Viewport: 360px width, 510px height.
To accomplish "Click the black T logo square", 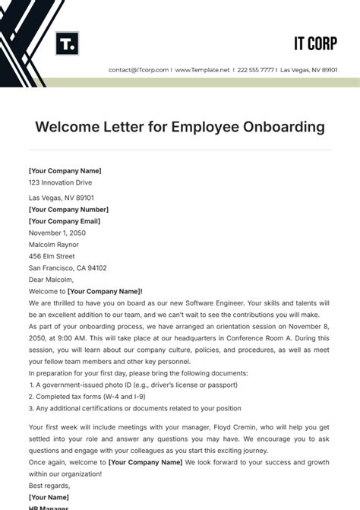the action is pos(68,43).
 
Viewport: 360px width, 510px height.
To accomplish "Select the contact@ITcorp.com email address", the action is pos(139,70).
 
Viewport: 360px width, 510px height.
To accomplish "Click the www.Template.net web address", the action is pos(202,70).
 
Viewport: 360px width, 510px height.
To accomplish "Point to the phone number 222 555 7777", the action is pos(256,70).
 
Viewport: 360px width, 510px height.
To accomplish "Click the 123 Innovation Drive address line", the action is pos(59,182).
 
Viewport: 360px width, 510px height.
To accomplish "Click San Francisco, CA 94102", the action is pos(68,268).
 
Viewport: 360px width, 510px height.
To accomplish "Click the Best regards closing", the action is pos(49,485).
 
